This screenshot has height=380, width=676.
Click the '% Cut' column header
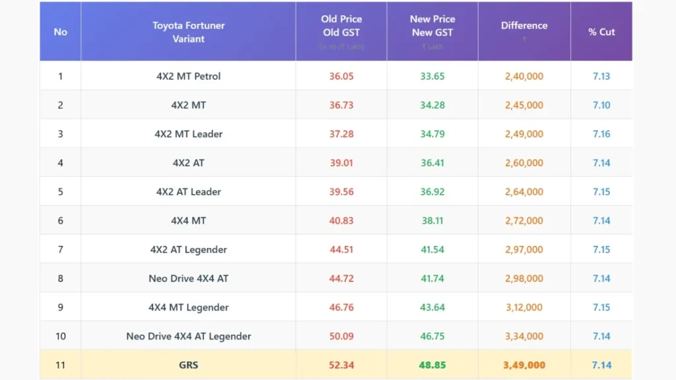[x=601, y=32]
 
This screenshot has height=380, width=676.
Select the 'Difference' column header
[x=524, y=26]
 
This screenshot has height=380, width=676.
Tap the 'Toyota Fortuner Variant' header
[x=188, y=32]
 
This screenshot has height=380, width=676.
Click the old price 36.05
[x=341, y=76]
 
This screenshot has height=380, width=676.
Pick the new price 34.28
[x=432, y=105]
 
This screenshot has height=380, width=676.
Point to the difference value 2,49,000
[x=524, y=134]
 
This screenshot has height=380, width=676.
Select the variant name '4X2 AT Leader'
[x=188, y=192]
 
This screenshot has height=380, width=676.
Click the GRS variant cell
[x=188, y=365]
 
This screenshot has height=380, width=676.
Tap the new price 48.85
[x=432, y=365]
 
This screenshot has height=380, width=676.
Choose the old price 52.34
[x=341, y=365]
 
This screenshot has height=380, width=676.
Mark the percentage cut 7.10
[x=601, y=105]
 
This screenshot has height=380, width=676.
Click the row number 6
[x=60, y=220]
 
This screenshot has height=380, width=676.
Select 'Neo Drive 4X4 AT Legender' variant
[x=188, y=336]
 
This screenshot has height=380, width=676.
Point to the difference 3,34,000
[x=524, y=336]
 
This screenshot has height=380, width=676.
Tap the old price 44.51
[x=341, y=249]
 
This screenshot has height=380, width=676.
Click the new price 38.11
[x=432, y=220]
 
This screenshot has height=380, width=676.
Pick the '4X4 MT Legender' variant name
[x=188, y=307]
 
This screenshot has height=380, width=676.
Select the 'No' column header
[x=60, y=32]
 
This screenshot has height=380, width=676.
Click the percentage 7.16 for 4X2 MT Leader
[x=601, y=134]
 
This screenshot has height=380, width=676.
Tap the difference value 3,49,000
[x=524, y=365]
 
